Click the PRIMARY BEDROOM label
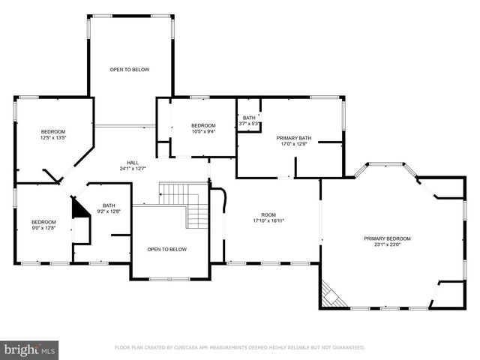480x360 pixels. pyautogui.click(x=387, y=238)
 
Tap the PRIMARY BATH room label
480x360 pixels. pyautogui.click(x=294, y=138)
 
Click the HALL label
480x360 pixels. pyautogui.click(x=133, y=163)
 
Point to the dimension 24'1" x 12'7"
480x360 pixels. pyautogui.click(x=133, y=169)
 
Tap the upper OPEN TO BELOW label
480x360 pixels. pyautogui.click(x=130, y=70)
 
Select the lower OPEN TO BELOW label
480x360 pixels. pyautogui.click(x=166, y=250)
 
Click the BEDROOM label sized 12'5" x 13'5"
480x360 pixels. pyautogui.click(x=53, y=132)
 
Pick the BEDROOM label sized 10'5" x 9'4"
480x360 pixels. pyautogui.click(x=203, y=125)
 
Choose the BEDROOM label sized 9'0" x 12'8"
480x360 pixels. pyautogui.click(x=43, y=222)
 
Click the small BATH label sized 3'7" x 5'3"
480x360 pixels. pyautogui.click(x=249, y=118)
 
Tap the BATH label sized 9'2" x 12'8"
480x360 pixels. pyautogui.click(x=109, y=205)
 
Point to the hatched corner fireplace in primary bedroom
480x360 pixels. pyautogui.click(x=332, y=295)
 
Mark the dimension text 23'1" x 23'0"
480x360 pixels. pyautogui.click(x=387, y=244)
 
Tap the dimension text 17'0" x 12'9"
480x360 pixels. pyautogui.click(x=294, y=144)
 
